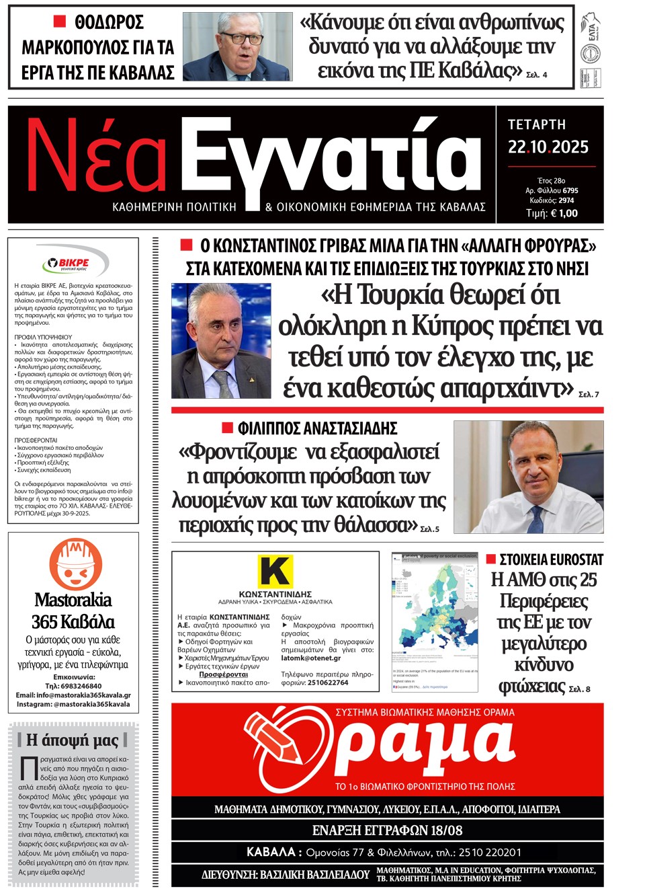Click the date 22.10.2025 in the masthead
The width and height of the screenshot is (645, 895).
pyautogui.click(x=548, y=147)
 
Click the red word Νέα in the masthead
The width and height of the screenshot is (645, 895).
pyautogui.click(x=95, y=157)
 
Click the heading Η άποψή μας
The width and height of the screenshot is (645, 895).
pyautogui.click(x=73, y=740)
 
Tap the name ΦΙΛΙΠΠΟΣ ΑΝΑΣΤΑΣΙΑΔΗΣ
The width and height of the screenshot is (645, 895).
pyautogui.click(x=317, y=428)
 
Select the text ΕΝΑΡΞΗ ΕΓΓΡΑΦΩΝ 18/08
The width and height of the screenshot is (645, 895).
pyautogui.click(x=387, y=830)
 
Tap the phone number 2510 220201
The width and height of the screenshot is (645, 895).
pyautogui.click(x=490, y=852)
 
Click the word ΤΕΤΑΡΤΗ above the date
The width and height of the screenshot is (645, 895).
pyautogui.click(x=536, y=124)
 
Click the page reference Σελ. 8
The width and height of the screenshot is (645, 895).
pyautogui.click(x=579, y=689)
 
